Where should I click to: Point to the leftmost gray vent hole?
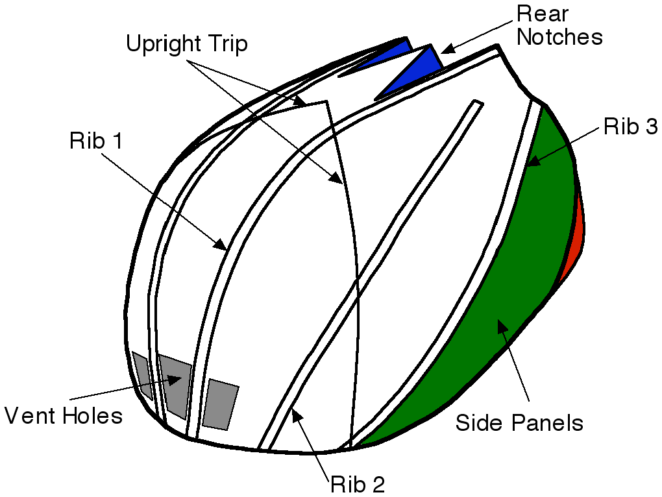[x=142, y=373]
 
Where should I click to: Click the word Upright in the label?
[x=162, y=44]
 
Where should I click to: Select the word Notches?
[x=559, y=36]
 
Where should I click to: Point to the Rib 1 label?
[x=96, y=141]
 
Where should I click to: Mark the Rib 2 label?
[x=358, y=483]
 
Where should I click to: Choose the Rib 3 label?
[x=630, y=127]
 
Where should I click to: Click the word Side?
[x=479, y=423]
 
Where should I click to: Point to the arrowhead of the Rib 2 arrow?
[x=297, y=414]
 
